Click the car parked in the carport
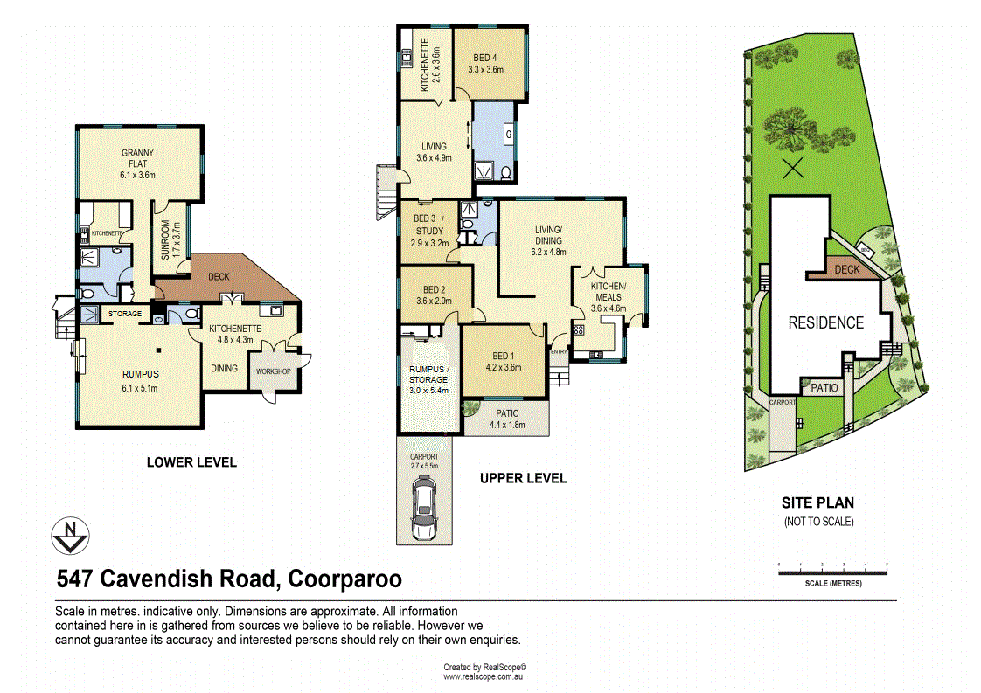(424, 512)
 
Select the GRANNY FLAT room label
(137, 164)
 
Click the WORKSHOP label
(273, 371)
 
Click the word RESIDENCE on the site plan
(826, 322)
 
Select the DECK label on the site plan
(846, 270)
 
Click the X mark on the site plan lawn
(792, 169)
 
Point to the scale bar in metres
(832, 568)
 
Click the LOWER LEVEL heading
(191, 462)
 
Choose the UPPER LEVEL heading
(523, 478)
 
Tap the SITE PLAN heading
(817, 502)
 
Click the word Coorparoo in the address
(344, 579)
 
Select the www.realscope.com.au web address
(483, 676)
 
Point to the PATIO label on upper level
(507, 413)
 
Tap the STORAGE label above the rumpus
(125, 313)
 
